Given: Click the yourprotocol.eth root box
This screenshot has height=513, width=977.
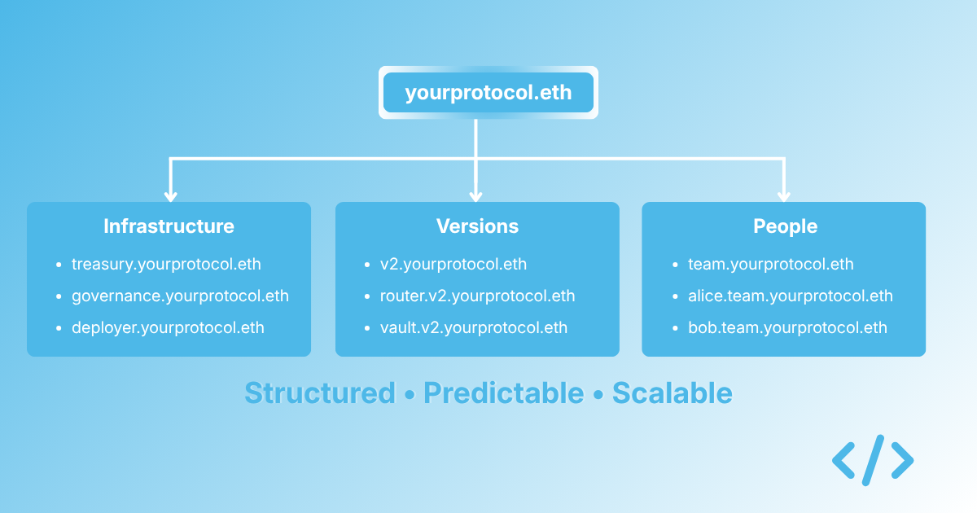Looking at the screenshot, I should tap(488, 93).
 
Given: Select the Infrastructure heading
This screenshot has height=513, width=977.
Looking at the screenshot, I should tap(169, 226).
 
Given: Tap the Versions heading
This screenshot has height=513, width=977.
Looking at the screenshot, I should tap(477, 226).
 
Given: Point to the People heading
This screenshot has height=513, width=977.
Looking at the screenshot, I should tap(785, 226).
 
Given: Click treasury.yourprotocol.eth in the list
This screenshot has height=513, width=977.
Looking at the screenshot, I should tap(166, 265).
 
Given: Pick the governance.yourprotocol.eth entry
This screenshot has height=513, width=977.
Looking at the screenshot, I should tap(180, 296).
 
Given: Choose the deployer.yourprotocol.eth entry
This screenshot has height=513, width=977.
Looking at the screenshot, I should tap(168, 328).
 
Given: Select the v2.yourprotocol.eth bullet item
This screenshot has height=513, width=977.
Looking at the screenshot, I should tap(453, 265).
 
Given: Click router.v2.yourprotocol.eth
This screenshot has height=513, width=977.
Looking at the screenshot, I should tap(477, 296).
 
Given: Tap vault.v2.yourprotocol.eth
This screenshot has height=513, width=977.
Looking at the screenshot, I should tap(473, 328).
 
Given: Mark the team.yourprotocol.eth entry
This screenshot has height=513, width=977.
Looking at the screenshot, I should tap(770, 265).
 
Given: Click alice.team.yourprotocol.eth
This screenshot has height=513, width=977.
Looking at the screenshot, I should tap(790, 296).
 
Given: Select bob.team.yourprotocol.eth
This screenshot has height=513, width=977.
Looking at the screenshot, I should tap(786, 328).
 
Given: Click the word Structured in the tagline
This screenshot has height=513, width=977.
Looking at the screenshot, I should tap(319, 393).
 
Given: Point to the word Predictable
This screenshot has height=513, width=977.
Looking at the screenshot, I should tap(503, 393).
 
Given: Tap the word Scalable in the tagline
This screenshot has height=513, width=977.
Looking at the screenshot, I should tap(672, 393).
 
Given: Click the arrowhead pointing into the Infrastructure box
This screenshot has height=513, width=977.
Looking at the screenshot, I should tap(170, 195).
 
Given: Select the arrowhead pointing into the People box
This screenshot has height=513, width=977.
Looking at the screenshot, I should tap(784, 195).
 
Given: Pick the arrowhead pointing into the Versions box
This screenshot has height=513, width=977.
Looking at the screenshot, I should tap(476, 195).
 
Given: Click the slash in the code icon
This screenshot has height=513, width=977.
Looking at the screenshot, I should tap(873, 461).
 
